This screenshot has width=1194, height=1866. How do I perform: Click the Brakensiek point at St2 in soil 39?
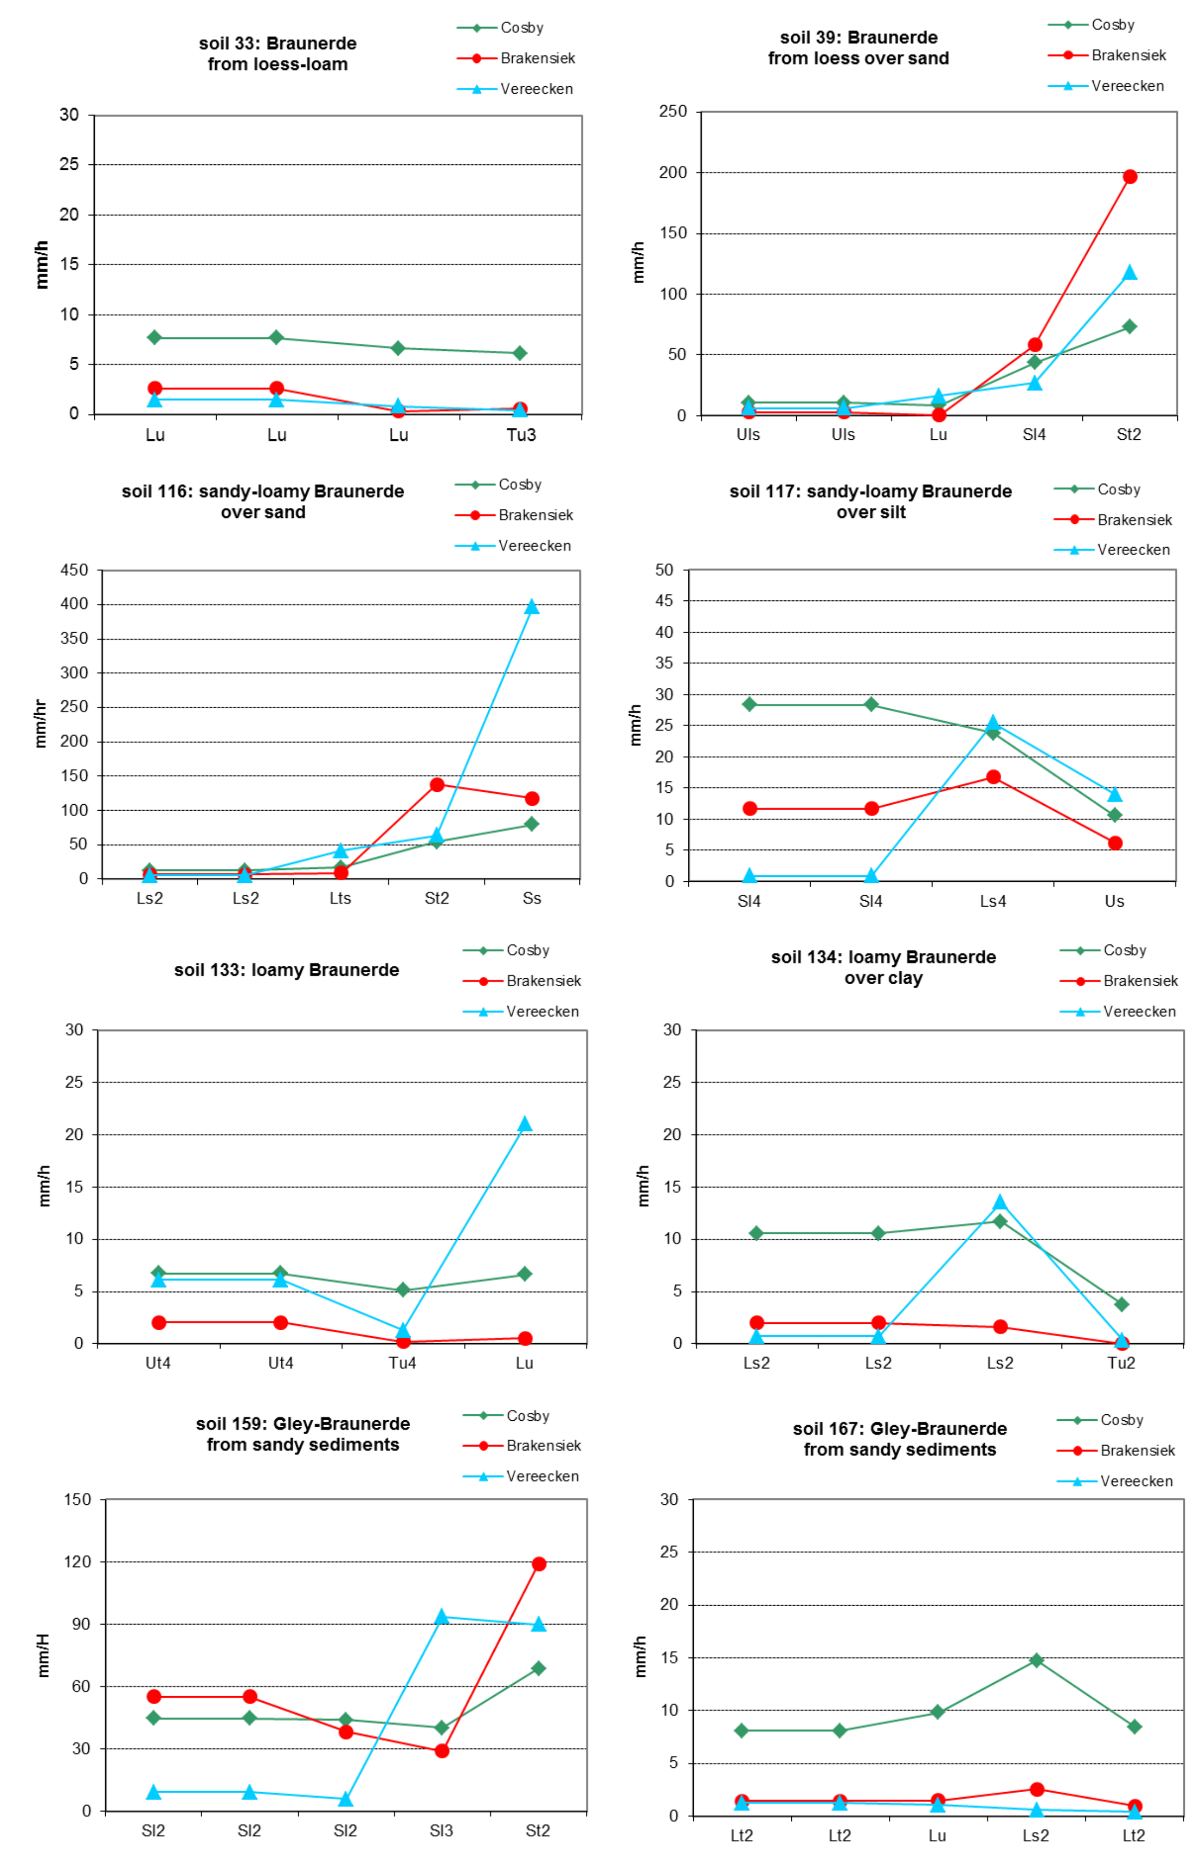click(1130, 177)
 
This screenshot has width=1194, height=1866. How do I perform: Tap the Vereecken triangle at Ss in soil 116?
click(531, 607)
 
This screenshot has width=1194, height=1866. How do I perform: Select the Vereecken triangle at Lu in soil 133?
click(525, 1124)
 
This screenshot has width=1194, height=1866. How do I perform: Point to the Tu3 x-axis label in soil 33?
click(521, 435)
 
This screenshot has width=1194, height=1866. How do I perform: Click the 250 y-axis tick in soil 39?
click(673, 112)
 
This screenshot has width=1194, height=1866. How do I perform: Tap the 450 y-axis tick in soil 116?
click(74, 570)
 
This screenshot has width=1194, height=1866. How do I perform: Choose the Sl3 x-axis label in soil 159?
click(441, 1831)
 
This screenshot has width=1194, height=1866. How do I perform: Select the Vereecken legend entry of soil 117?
click(1133, 550)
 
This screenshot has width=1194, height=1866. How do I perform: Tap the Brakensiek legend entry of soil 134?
click(1140, 980)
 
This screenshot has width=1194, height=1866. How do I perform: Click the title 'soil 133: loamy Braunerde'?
click(286, 970)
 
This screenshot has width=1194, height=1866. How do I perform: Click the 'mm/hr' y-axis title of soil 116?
click(40, 724)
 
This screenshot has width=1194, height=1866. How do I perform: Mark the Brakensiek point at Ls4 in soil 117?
click(993, 777)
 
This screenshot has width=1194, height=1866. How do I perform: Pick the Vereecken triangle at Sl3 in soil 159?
click(441, 1617)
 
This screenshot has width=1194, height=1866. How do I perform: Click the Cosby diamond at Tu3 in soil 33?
click(520, 354)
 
